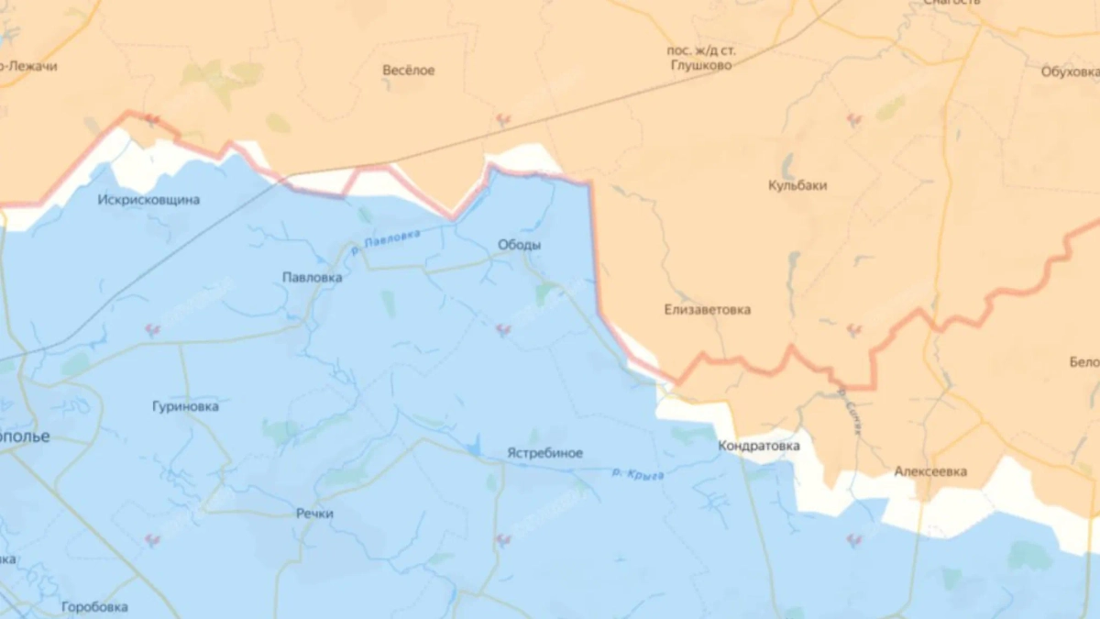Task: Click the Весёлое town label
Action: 409,71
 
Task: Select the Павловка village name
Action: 312,277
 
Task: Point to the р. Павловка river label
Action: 386,241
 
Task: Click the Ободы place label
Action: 519,245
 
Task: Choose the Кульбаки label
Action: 797,185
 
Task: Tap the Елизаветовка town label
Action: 707,310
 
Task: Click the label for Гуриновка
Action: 186,405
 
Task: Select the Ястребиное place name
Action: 544,453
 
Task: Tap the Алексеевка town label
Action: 930,472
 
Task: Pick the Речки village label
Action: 314,514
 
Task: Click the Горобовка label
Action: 94,607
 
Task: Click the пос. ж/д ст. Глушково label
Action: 699,58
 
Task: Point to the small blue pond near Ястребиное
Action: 472,448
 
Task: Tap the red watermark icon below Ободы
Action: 502,330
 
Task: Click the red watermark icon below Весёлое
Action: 502,119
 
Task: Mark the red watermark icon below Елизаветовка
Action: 853,329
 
